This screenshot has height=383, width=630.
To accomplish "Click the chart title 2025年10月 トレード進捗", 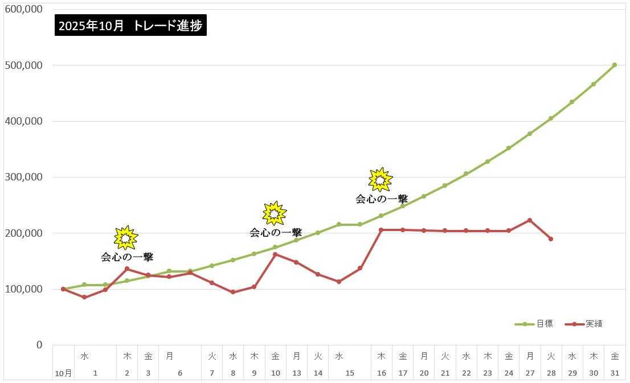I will pyautogui.click(x=130, y=26).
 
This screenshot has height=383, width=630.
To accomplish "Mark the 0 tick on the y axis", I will pyautogui.click(x=39, y=345).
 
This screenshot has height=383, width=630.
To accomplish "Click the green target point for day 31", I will pyautogui.click(x=615, y=65).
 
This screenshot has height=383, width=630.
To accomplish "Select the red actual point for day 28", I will pyautogui.click(x=551, y=239).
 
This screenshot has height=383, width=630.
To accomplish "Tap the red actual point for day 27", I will pyautogui.click(x=530, y=220).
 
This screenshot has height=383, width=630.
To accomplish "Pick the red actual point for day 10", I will pyautogui.click(x=275, y=254).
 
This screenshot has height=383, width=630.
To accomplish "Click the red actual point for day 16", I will pyautogui.click(x=381, y=230).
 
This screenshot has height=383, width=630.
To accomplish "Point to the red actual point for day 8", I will pyautogui.click(x=233, y=292).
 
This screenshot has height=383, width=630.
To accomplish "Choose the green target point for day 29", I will pyautogui.click(x=572, y=102).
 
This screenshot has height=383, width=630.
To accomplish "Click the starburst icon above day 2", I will pyautogui.click(x=126, y=238).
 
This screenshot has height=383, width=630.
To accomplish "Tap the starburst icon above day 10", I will pyautogui.click(x=275, y=213).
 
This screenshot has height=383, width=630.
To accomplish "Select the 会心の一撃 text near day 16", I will pyautogui.click(x=382, y=199).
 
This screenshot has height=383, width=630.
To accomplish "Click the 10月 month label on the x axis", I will pyautogui.click(x=63, y=373).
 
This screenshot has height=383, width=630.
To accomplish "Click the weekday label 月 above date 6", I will pyautogui.click(x=169, y=356).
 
